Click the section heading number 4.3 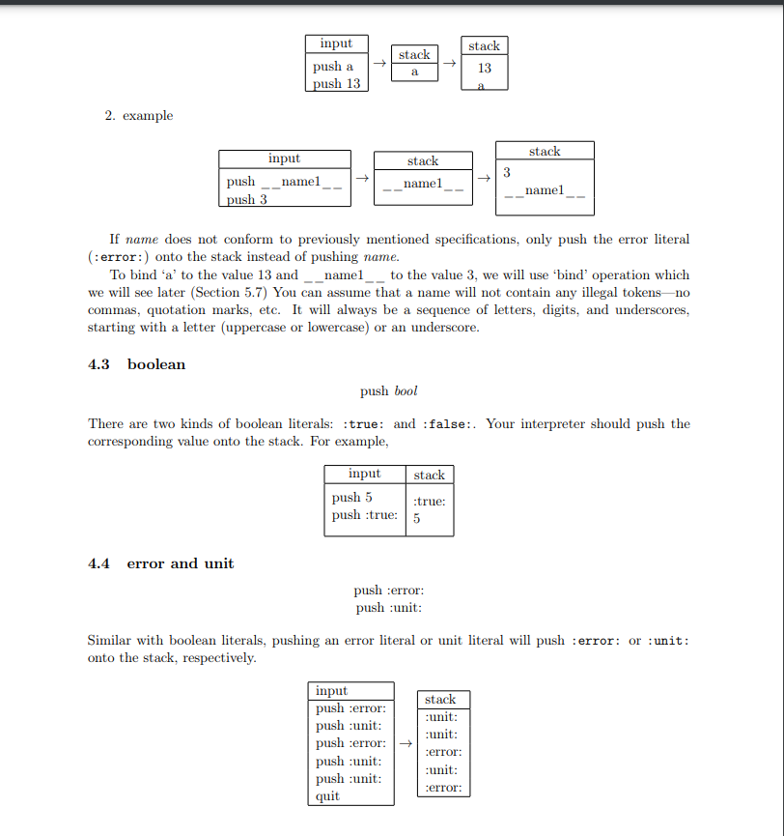tap(99, 364)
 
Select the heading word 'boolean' tap(156, 364)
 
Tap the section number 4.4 tap(99, 563)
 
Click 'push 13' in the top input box tap(336, 84)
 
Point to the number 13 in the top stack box tap(484, 68)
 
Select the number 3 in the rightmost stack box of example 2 tap(506, 172)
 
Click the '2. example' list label tap(139, 116)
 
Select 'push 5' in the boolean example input tap(351, 497)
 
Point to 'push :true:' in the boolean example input tap(364, 514)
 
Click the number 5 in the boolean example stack tap(416, 518)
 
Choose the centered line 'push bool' tap(389, 391)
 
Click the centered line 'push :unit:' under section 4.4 tap(389, 608)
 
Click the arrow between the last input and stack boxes tap(406, 743)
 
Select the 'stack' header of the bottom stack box tap(440, 699)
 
